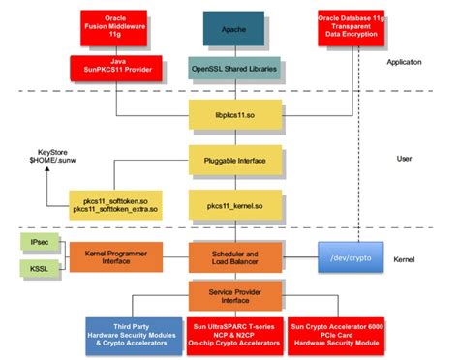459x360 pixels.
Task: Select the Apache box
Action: click(233, 29)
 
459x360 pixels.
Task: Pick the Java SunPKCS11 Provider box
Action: click(113, 68)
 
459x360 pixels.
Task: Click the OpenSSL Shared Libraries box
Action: click(233, 68)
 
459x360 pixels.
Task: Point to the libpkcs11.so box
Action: click(233, 115)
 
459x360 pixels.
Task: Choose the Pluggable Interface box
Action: click(233, 159)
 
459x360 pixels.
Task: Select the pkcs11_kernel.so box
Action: click(233, 205)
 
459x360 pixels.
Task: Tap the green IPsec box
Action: click(34, 240)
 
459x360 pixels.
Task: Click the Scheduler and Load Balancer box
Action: click(233, 255)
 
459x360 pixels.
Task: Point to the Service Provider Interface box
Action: click(233, 295)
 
